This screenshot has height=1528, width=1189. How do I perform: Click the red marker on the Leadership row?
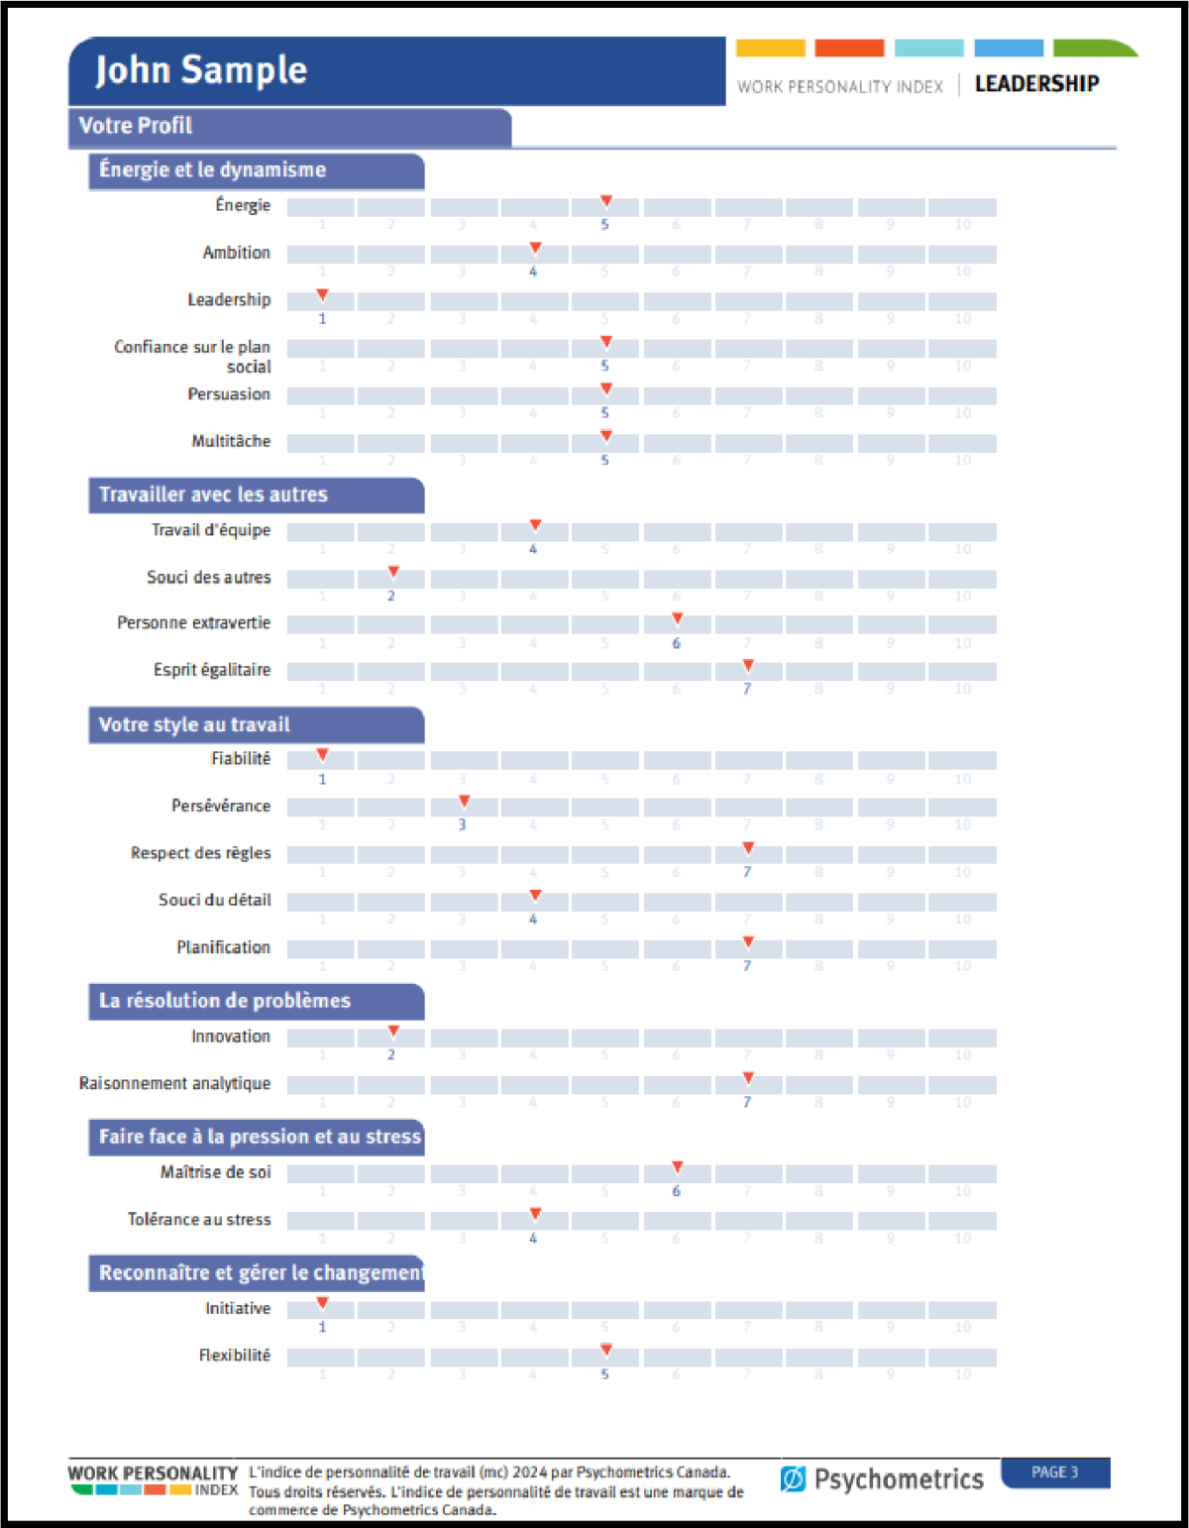(322, 295)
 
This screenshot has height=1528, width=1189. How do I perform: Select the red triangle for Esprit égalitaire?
(748, 665)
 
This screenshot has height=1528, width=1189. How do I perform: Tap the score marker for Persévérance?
(464, 801)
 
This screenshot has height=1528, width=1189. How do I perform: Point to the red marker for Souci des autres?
(393, 572)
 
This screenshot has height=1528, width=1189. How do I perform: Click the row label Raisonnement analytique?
(174, 1083)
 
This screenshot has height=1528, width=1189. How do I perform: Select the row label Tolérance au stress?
(198, 1219)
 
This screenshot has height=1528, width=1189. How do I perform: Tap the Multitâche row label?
(231, 441)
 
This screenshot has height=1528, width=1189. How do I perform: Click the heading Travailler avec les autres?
(213, 494)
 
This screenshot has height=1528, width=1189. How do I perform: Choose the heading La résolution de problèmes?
(225, 1001)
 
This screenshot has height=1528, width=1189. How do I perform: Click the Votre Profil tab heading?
(136, 126)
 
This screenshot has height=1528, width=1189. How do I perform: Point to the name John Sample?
(201, 70)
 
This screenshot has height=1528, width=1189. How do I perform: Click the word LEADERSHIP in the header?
(1036, 84)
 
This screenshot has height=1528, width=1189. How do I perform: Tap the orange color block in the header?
(849, 48)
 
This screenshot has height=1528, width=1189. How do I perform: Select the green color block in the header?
(1090, 48)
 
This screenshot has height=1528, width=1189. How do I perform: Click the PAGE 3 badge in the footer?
(1054, 1473)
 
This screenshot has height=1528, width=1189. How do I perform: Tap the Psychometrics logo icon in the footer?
(793, 1479)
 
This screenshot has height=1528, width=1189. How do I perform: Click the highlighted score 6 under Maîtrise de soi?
(677, 1191)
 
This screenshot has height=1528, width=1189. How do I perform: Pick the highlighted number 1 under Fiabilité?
(322, 779)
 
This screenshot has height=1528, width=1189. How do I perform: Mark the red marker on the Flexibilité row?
(606, 1350)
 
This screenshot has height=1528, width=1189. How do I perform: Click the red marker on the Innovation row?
(393, 1032)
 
